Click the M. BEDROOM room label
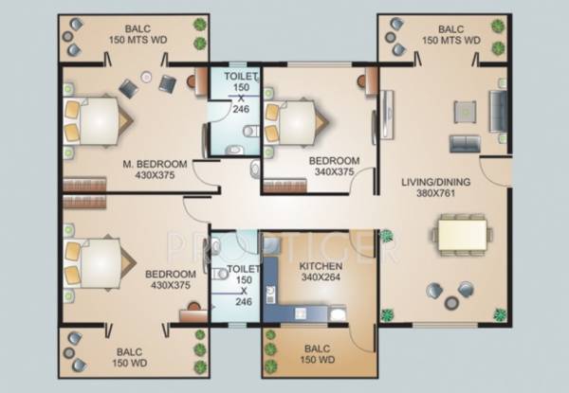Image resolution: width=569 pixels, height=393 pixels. (155, 163)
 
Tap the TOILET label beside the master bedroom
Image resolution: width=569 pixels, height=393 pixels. (240, 75)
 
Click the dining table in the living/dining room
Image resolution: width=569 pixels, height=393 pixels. (461, 233)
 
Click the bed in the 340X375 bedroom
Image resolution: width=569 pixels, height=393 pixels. (297, 120)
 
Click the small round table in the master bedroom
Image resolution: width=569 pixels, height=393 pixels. (146, 76)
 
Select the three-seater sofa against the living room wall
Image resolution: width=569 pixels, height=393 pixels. (498, 110)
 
